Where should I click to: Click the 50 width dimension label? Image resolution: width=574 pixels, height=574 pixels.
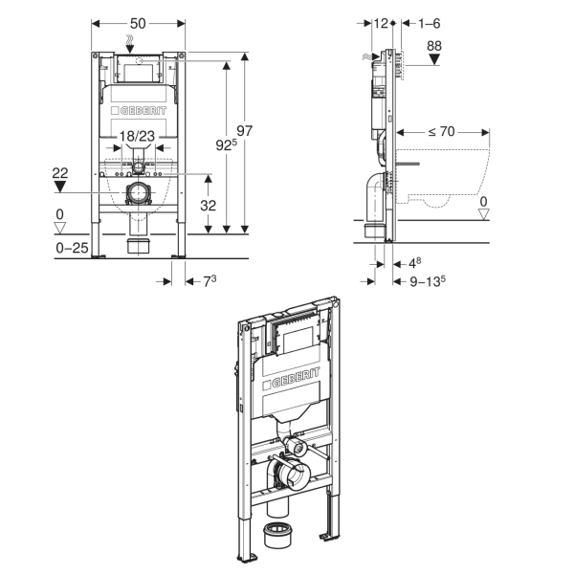click(138, 23)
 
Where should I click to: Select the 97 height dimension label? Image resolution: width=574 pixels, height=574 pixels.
click(244, 131)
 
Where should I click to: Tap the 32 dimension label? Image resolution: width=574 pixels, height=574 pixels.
click(208, 206)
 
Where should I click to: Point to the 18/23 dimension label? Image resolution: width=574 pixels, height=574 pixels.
click(137, 136)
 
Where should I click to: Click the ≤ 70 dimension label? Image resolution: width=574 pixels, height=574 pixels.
click(442, 131)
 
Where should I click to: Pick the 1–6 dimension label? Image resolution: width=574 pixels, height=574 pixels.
click(429, 23)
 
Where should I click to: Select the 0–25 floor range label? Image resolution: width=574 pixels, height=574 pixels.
click(72, 248)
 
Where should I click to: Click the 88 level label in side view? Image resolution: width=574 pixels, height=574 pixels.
click(434, 46)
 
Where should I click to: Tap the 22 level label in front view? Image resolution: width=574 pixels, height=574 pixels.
click(60, 173)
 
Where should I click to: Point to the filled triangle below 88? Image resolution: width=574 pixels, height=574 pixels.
click(434, 59)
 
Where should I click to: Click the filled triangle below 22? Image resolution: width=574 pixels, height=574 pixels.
click(60, 188)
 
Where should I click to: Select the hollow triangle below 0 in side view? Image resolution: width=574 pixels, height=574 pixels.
click(484, 214)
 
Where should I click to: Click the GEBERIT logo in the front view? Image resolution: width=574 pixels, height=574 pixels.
click(139, 111)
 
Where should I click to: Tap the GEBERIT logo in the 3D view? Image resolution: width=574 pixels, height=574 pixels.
click(291, 378)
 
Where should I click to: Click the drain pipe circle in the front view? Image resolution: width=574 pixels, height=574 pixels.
click(138, 192)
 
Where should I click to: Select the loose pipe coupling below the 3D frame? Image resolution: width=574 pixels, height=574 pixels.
click(277, 535)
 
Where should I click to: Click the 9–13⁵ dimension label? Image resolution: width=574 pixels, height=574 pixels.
click(428, 281)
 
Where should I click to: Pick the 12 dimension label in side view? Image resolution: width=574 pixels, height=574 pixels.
click(381, 23)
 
